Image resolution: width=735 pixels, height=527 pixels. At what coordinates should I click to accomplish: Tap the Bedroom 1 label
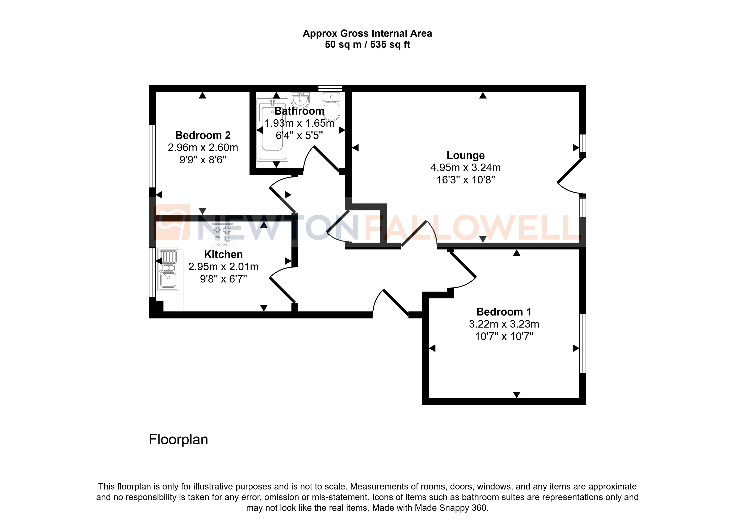(504, 312)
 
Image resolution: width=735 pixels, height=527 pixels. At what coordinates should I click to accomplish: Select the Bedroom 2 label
(203, 135)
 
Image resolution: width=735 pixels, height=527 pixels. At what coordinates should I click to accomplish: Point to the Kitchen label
(223, 254)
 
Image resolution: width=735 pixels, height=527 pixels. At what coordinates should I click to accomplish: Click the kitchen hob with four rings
(223, 235)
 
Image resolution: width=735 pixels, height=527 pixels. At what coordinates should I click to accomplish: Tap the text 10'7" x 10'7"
(504, 336)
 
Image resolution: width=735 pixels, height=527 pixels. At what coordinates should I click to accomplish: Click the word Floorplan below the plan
(178, 439)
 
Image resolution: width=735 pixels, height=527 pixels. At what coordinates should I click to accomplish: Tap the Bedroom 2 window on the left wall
(152, 156)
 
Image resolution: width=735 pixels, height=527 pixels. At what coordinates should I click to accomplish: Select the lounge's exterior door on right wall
(570, 170)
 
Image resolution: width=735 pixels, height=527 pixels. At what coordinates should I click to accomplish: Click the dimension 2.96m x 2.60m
(203, 148)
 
